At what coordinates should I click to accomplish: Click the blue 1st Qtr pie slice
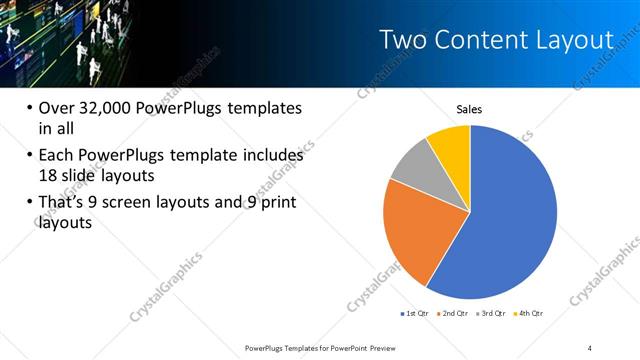(x=510, y=220)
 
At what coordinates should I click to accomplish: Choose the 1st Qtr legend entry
(x=414, y=314)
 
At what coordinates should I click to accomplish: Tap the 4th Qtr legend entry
(x=529, y=314)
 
